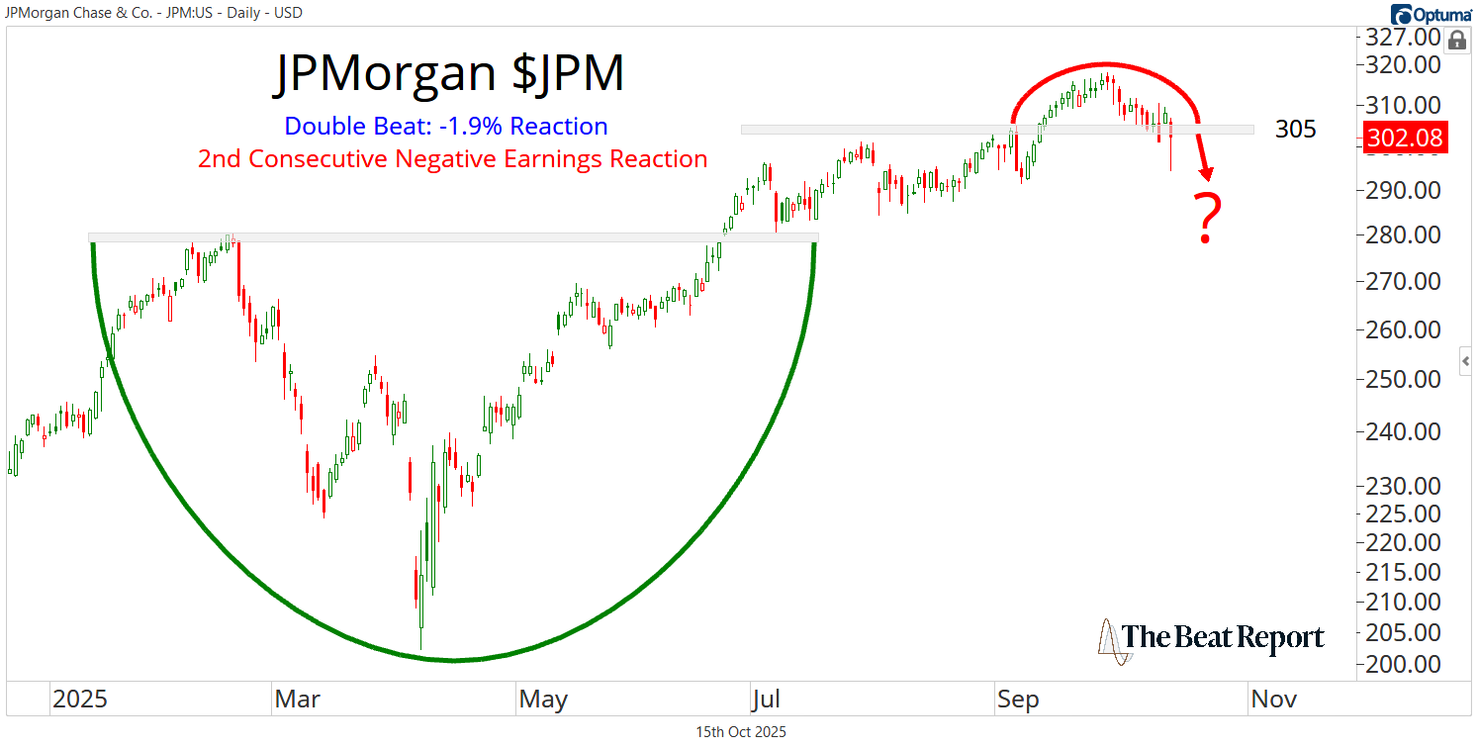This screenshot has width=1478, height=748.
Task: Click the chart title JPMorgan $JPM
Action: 448,74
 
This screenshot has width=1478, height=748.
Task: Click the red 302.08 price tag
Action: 1405,140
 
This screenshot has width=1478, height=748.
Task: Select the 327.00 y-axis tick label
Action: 1404,38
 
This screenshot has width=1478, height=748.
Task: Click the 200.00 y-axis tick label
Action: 1404,665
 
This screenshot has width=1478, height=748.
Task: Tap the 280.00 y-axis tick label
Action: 1404,235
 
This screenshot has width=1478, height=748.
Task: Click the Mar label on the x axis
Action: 297,701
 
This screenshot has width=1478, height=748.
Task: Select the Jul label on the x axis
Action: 766,701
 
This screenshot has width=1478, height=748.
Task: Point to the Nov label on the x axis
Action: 1273,701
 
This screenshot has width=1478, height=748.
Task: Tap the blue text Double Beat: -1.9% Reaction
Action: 446,127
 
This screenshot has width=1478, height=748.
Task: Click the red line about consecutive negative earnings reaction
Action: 452,159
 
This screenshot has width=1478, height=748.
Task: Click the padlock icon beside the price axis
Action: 1456,41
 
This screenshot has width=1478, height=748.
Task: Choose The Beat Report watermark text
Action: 1224,638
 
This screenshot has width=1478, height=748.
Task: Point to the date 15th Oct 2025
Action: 741,733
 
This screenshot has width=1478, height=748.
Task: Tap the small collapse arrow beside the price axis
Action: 1466,361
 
